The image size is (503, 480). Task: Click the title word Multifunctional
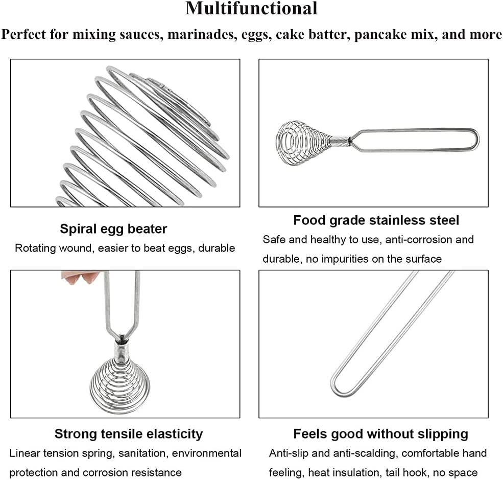click(x=251, y=9)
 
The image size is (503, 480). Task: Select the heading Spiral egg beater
click(x=113, y=228)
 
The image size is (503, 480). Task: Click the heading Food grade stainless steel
click(x=376, y=220)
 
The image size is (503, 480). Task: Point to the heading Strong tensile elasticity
click(x=128, y=434)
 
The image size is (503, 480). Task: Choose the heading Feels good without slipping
click(x=380, y=434)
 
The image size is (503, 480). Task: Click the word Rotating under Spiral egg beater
click(x=35, y=248)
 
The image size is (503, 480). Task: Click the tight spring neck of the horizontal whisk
click(x=340, y=141)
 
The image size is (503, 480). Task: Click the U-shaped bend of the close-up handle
click(x=341, y=388)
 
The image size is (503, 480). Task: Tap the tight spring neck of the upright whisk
click(x=121, y=351)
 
